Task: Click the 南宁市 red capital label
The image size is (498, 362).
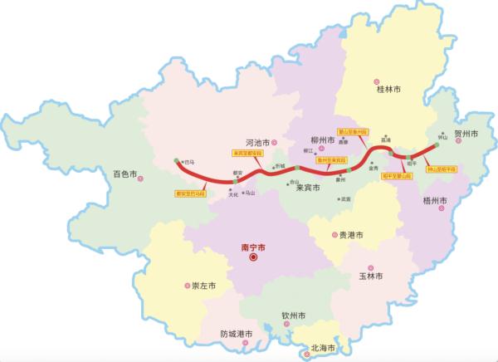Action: point(252,247)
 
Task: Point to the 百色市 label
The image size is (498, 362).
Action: point(125,175)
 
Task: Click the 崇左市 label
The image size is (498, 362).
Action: point(203,285)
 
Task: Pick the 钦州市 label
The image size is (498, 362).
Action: point(294,316)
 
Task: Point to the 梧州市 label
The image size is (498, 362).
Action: point(434,200)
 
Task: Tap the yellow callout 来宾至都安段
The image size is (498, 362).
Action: point(247,153)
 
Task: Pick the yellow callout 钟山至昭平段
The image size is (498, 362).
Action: point(442,169)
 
